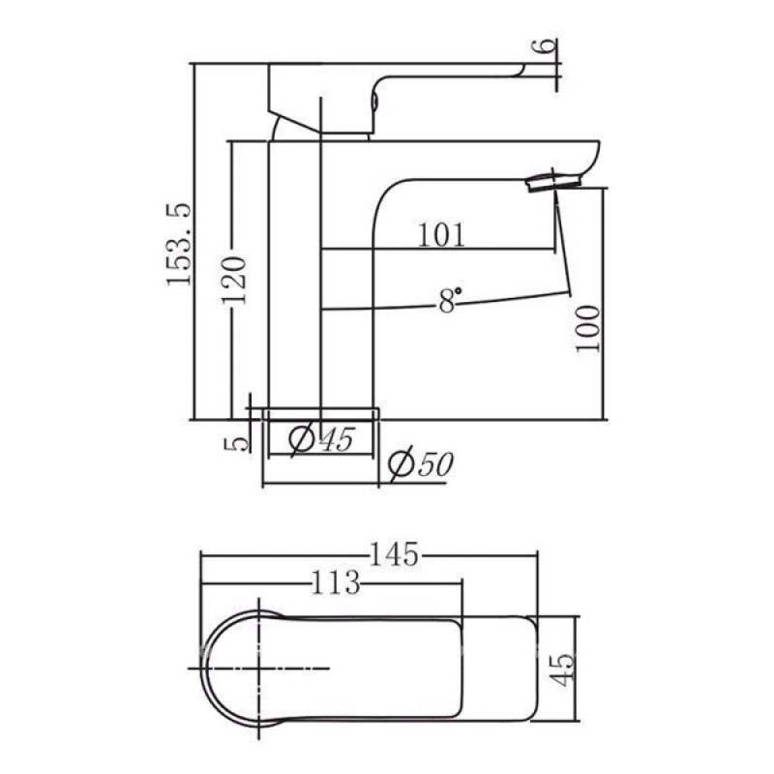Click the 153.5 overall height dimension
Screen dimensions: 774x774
[x=179, y=244]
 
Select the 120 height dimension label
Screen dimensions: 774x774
[x=233, y=280]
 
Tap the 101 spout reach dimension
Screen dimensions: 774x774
[x=441, y=235]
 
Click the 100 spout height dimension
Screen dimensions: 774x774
[x=588, y=328]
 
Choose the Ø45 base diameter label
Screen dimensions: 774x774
[x=322, y=439]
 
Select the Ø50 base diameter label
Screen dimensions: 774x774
[x=421, y=464]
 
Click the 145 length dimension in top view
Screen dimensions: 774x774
[x=394, y=553]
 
